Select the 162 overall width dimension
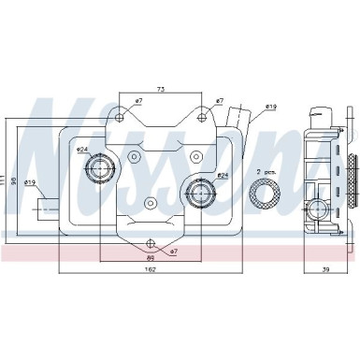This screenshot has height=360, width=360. (151, 271)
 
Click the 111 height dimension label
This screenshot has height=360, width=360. (5, 178)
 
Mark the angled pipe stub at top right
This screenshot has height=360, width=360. (241, 118)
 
